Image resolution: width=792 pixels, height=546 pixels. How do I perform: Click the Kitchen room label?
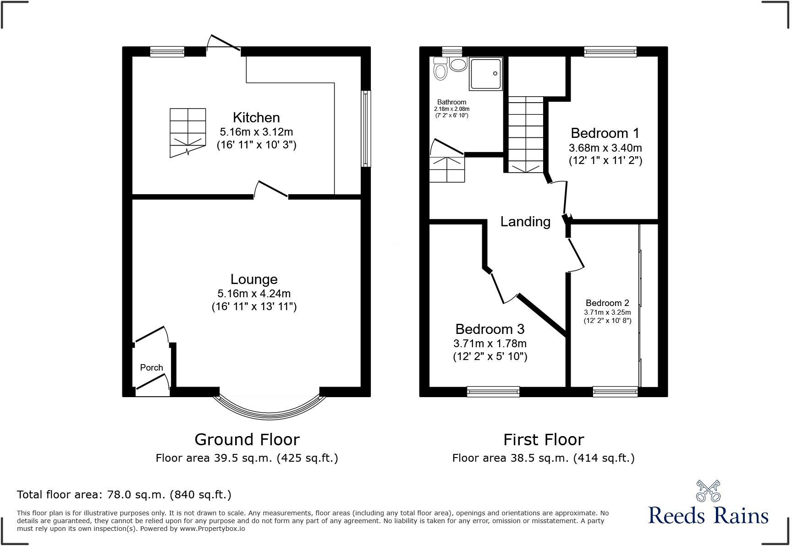[256, 118]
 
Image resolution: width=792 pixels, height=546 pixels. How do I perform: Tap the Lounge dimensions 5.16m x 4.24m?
[254, 294]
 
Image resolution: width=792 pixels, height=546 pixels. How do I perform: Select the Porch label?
[151, 367]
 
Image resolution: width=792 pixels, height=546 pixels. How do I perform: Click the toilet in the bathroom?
[440, 69]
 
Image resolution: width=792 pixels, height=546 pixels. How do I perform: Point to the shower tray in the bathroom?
[485, 73]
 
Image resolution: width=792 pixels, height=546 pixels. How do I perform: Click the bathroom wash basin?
[457, 64]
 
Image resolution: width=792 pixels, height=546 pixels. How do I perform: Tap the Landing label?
[525, 222]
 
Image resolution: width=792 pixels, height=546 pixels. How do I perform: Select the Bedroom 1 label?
[605, 133]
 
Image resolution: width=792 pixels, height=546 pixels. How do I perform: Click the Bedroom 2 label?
[607, 303]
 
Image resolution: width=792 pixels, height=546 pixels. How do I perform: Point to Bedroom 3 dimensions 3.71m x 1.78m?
[489, 344]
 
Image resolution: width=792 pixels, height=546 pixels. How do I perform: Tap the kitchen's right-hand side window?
[365, 128]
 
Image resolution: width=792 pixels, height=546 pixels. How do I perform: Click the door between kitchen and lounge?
[271, 190]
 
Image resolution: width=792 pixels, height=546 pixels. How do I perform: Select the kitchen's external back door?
[223, 44]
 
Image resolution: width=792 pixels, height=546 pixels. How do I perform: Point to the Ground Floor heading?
[247, 439]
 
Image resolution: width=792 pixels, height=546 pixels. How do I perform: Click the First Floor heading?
[544, 439]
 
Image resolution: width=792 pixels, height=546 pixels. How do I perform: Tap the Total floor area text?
[124, 495]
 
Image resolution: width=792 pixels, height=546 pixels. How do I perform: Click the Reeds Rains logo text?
[708, 515]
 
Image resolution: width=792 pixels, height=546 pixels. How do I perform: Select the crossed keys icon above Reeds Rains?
[708, 491]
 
